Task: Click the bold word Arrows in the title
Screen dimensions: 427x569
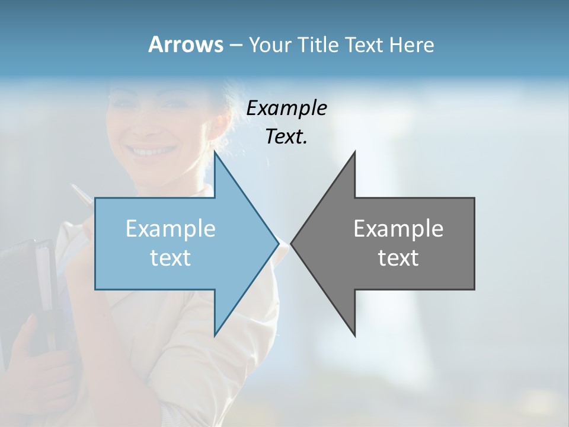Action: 186,44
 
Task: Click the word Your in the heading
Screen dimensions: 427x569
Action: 269,45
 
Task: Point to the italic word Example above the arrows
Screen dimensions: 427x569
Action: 286,109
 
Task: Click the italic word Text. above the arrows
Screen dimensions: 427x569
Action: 286,137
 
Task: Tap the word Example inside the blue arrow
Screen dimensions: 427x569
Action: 171,228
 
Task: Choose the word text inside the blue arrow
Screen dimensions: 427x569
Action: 171,258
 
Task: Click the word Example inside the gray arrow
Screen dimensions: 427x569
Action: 398,228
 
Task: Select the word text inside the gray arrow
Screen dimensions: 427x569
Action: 398,258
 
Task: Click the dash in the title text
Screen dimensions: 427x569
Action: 235,45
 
